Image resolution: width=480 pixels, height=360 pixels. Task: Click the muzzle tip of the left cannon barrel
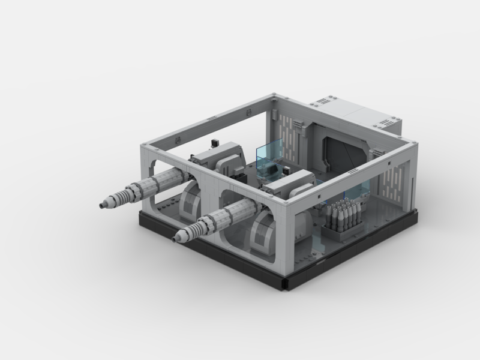click(103, 205)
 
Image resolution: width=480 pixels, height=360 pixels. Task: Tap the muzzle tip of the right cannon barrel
click(176, 239)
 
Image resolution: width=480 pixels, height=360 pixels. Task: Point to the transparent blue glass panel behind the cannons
click(269, 157)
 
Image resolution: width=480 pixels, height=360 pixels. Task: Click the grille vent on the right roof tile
click(379, 123)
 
